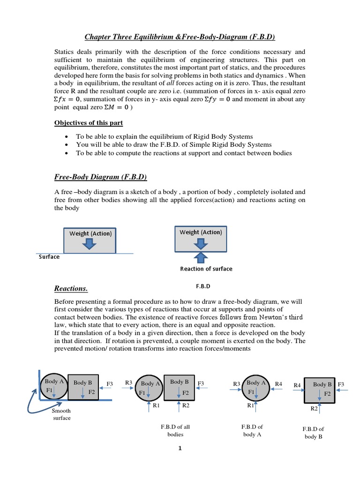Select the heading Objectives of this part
coord(89,123)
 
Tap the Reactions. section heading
coord(71,288)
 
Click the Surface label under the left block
coord(49,257)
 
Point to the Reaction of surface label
coord(206,269)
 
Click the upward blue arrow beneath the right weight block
coord(201,256)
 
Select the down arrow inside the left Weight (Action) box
coord(90,243)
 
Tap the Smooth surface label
coord(61,414)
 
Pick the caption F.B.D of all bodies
coord(175,430)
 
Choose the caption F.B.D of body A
coord(252,430)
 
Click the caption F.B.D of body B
coord(314,432)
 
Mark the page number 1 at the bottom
coord(180,448)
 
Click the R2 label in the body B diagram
coord(314,408)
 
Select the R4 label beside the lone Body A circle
coord(278,384)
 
